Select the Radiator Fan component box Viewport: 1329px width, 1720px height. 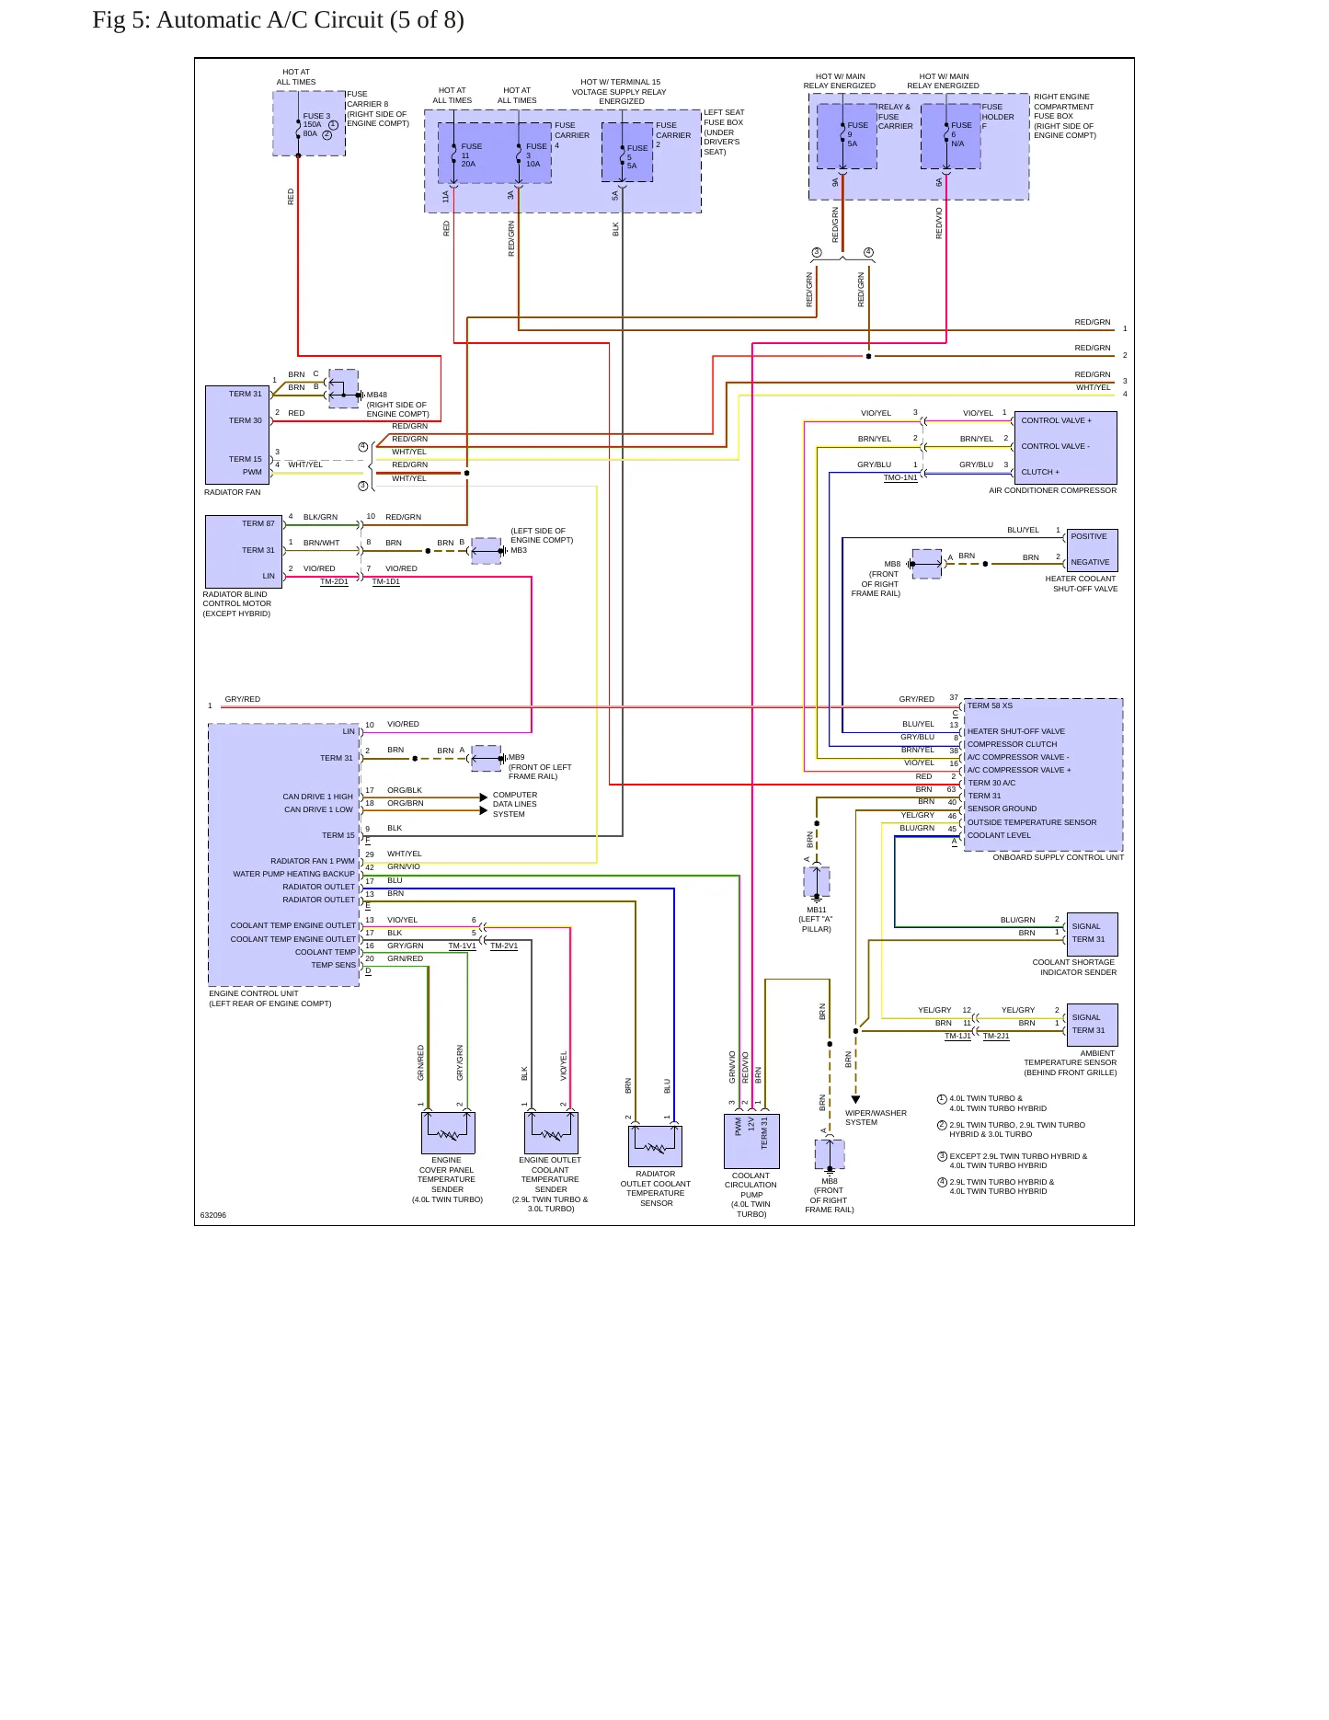pos(237,435)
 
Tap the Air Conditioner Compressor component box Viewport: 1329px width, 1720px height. pos(1065,447)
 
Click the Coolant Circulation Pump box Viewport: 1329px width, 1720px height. pos(751,1141)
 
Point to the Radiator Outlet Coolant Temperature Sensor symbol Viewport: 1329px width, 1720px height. pos(655,1145)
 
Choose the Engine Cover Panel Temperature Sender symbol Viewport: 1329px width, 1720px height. pos(448,1132)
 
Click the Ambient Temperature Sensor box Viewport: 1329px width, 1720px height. pos(1093,1025)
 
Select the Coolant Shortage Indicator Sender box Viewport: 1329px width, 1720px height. pos(1093,934)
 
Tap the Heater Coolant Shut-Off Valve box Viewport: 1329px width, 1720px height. pos(1092,550)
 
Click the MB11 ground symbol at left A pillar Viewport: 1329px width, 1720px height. pos(817,882)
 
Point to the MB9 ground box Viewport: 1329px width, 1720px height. pos(487,759)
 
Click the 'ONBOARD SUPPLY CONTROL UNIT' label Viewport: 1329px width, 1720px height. pos(1058,857)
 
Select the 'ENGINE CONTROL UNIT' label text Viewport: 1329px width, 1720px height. pos(254,993)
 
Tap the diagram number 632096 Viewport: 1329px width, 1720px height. pos(213,1215)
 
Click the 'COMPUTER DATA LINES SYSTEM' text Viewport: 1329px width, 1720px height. pos(515,804)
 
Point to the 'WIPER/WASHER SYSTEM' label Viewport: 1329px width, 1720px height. pos(876,1118)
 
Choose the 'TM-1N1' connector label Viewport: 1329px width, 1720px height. pos(900,477)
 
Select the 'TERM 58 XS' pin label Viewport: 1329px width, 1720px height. pos(990,705)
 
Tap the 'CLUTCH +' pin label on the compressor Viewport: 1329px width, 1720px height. pos(1040,472)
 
